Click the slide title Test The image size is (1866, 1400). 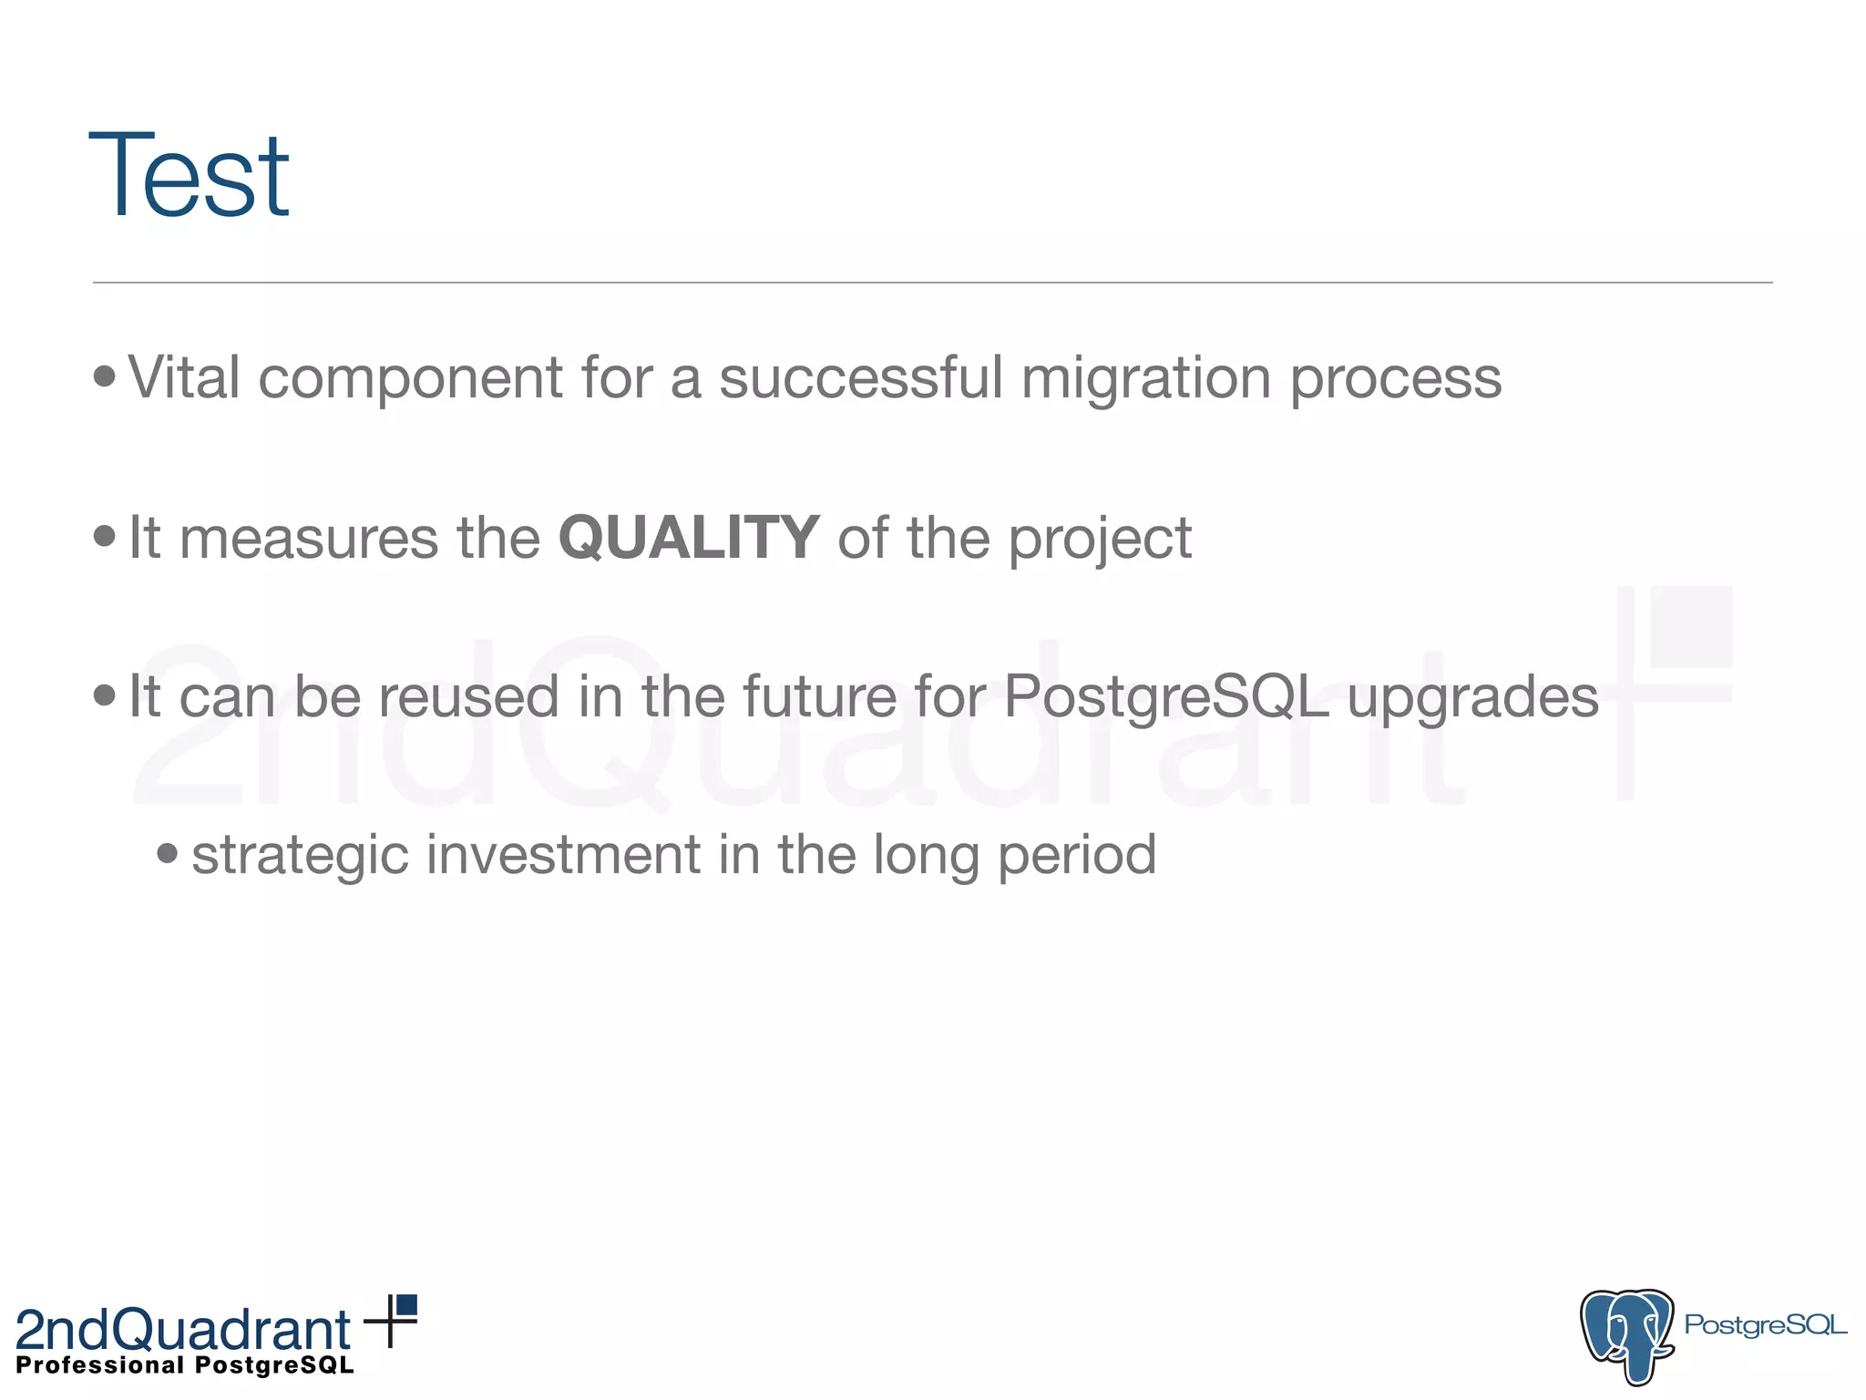(x=189, y=175)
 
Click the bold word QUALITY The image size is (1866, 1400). (x=688, y=538)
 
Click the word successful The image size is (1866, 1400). (x=860, y=377)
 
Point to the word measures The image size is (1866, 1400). (x=309, y=538)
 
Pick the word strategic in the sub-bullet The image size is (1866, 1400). (x=300, y=856)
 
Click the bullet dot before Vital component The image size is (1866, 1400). (x=105, y=376)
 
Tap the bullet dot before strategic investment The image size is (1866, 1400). (x=167, y=853)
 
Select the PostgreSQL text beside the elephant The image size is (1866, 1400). (x=1765, y=1324)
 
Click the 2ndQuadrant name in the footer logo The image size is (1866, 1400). (x=182, y=1329)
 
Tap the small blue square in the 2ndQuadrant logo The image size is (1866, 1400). (x=407, y=1304)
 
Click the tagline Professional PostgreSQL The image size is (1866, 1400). (x=185, y=1365)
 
